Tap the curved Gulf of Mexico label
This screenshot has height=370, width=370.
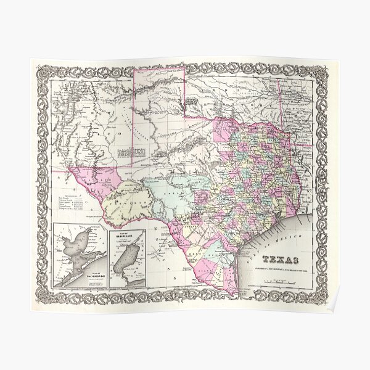pos(290,231)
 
